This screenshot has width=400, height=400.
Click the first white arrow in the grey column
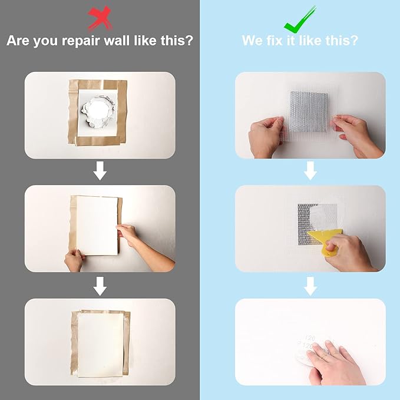[x=100, y=171]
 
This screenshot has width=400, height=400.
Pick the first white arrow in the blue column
[x=310, y=171]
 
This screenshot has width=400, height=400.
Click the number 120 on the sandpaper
[x=309, y=338]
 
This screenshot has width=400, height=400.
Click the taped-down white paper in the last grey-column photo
[x=101, y=344]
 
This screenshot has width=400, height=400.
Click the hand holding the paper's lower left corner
[x=75, y=260]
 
